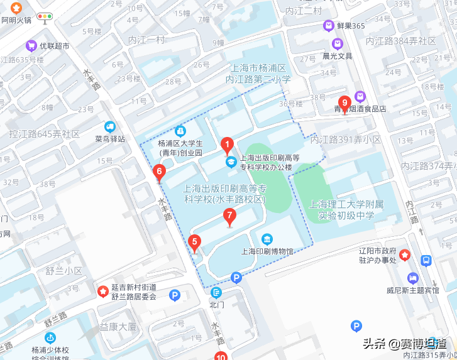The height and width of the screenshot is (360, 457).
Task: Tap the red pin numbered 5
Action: pyautogui.click(x=195, y=242)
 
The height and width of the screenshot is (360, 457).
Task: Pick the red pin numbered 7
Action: pyautogui.click(x=230, y=217)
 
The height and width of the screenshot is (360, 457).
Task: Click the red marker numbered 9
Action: pyautogui.click(x=344, y=102)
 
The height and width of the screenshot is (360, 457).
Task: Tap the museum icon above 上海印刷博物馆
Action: pyautogui.click(x=268, y=239)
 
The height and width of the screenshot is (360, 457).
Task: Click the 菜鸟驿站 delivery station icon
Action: pyautogui.click(x=111, y=126)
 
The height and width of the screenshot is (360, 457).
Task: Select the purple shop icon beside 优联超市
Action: pyautogui.click(x=31, y=45)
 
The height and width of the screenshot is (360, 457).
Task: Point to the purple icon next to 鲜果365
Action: pyautogui.click(x=328, y=26)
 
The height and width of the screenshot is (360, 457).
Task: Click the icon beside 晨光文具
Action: pyautogui.click(x=338, y=43)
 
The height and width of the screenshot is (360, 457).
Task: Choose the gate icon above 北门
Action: pyautogui.click(x=217, y=292)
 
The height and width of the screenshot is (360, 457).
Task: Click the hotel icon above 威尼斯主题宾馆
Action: pyautogui.click(x=412, y=278)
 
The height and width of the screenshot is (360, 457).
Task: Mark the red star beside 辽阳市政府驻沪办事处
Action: pyautogui.click(x=405, y=255)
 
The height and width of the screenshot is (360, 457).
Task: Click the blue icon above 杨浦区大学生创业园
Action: pyautogui.click(x=180, y=131)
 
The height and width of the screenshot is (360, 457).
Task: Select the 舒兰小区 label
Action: pyautogui.click(x=63, y=271)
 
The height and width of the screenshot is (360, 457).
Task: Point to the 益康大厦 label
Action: pyautogui.click(x=118, y=327)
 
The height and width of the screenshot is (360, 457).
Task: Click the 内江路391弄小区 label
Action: pyautogui.click(x=346, y=139)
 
